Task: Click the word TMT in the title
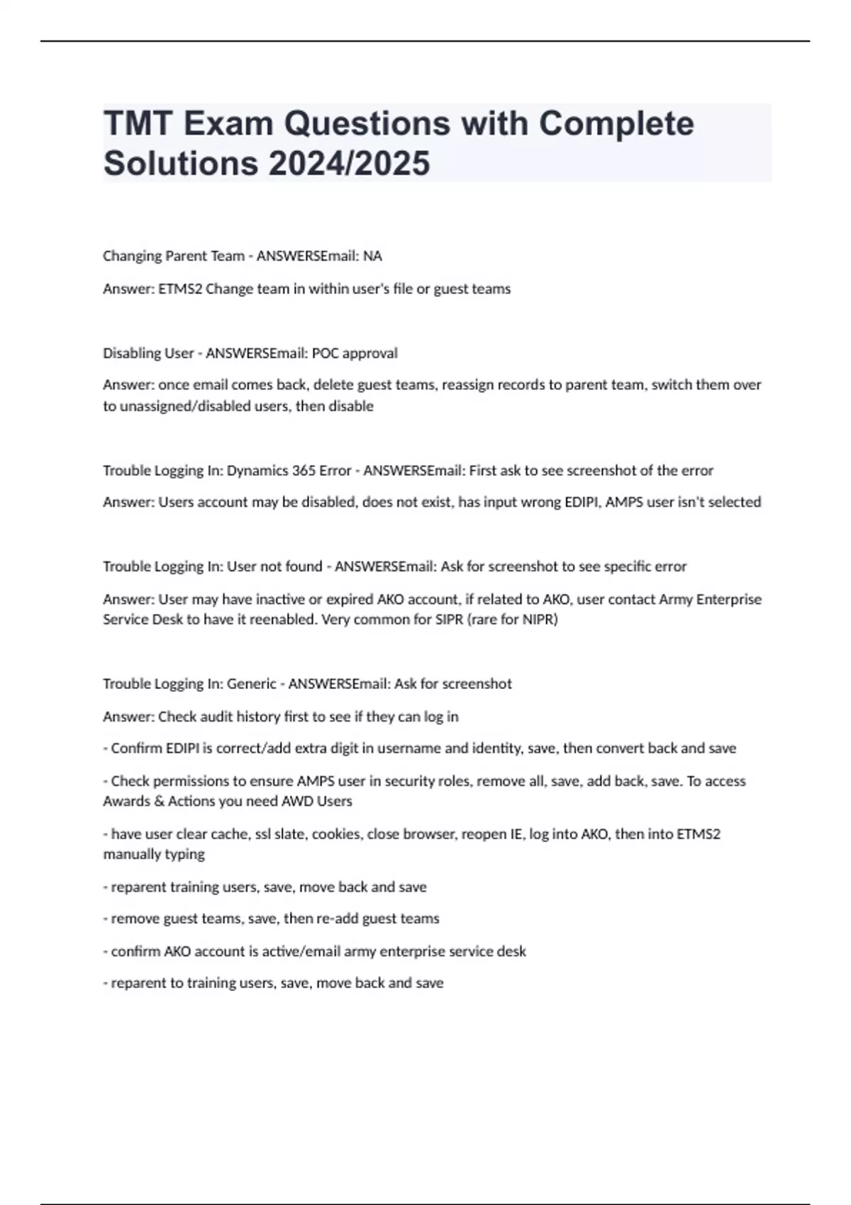pos(138,124)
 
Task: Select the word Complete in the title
pos(616,124)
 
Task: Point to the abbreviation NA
pos(372,256)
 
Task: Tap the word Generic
pos(251,684)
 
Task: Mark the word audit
pos(208,717)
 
